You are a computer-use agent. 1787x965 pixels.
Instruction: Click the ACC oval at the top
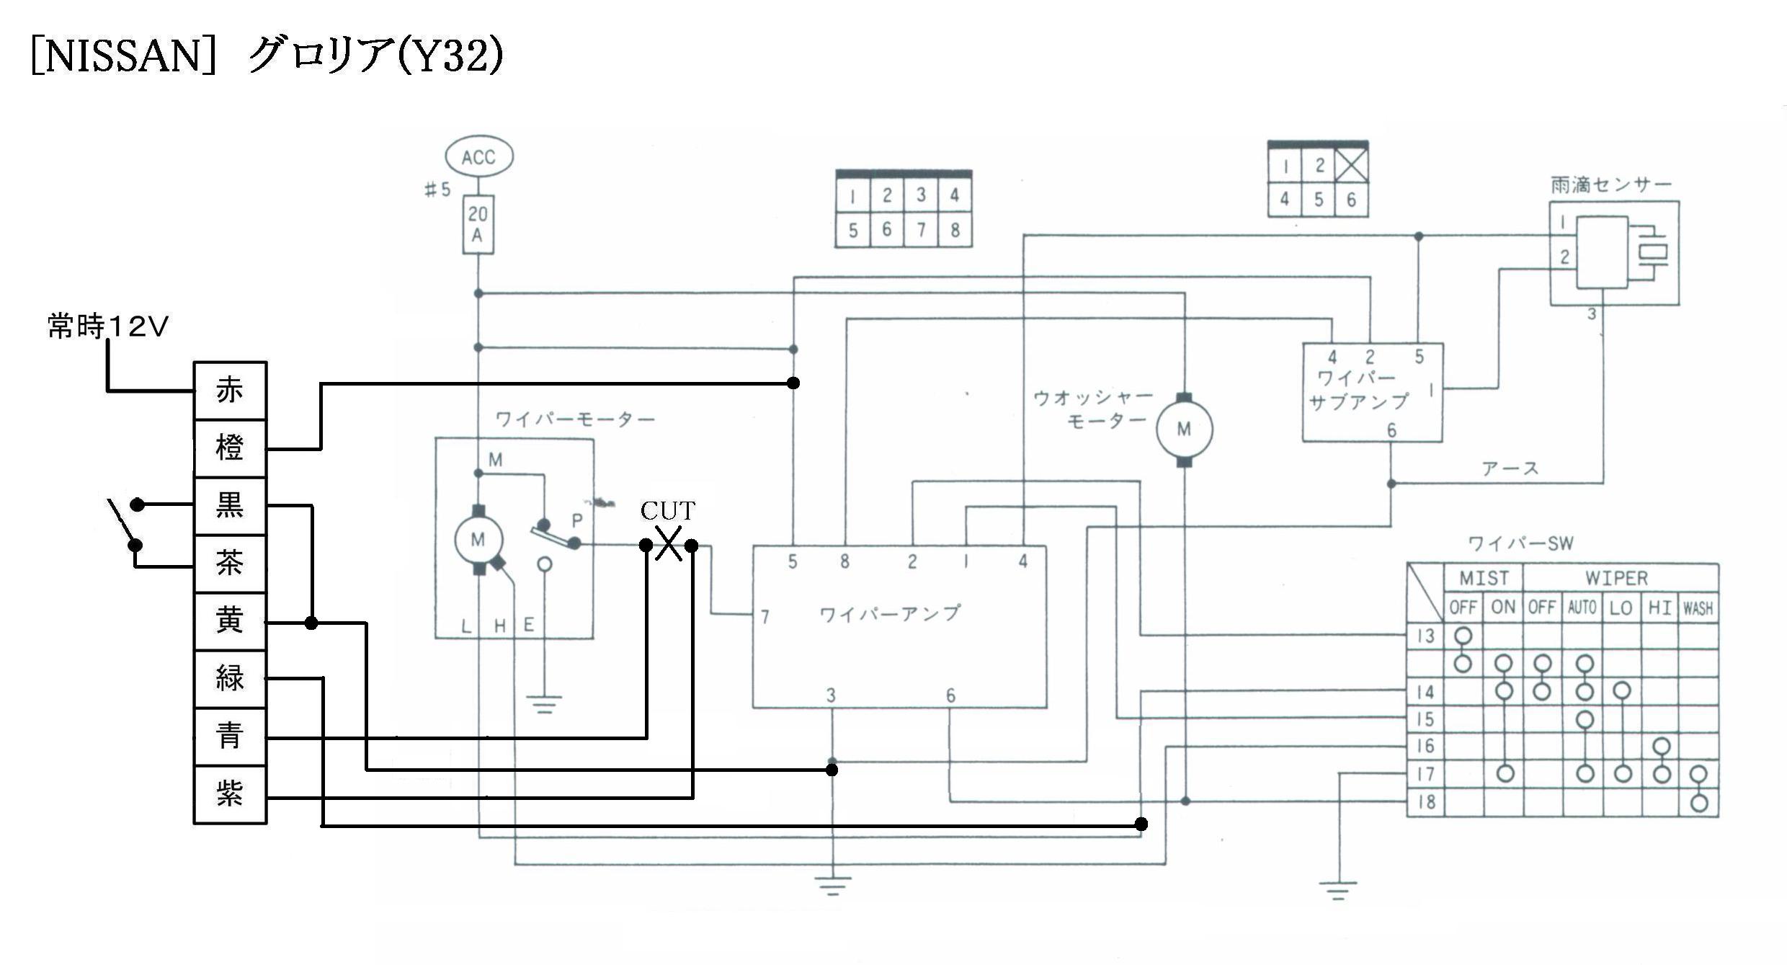[x=479, y=157]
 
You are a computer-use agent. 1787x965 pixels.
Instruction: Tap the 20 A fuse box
[x=478, y=224]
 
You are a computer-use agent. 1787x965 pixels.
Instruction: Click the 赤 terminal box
[x=231, y=391]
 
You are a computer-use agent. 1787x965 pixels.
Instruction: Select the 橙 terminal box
[x=231, y=448]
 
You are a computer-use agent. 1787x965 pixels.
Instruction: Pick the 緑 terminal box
[x=231, y=679]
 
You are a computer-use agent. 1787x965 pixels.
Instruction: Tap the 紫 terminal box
[x=231, y=794]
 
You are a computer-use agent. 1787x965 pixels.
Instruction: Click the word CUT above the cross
[x=668, y=511]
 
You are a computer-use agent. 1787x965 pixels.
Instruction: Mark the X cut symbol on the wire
[x=669, y=544]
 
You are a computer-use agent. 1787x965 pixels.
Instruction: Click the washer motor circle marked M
[x=1184, y=430]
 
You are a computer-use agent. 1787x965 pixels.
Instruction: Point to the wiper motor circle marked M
[x=478, y=539]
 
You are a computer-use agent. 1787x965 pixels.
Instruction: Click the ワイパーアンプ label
[x=891, y=613]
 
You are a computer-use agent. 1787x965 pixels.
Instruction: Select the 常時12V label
[x=108, y=326]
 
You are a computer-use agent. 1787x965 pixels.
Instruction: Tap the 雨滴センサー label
[x=1611, y=185]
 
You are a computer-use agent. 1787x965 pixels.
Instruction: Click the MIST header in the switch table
[x=1484, y=578]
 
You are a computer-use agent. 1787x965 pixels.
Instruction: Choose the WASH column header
[x=1698, y=608]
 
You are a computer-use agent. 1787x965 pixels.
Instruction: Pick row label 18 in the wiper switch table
[x=1426, y=801]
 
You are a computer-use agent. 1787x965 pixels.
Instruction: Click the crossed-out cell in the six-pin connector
[x=1351, y=166]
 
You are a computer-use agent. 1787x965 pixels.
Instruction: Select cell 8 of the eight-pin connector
[x=955, y=230]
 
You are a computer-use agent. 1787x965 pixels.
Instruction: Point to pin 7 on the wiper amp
[x=765, y=616]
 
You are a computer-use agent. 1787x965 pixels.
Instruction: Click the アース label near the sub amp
[x=1510, y=468]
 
